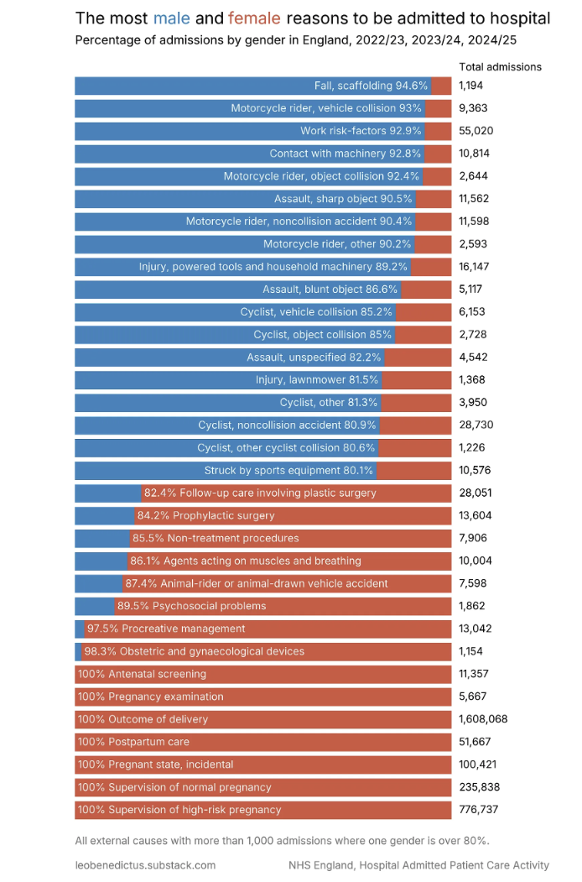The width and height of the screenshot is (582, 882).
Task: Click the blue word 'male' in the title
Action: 172,18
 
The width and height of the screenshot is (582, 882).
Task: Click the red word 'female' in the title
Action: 254,18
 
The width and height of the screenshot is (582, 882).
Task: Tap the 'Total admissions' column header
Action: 500,67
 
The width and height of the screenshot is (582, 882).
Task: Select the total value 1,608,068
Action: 483,719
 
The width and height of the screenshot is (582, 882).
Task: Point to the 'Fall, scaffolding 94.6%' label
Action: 372,86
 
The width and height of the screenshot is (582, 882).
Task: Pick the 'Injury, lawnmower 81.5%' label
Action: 317,380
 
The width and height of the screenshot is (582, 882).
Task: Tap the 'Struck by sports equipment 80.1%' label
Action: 289,471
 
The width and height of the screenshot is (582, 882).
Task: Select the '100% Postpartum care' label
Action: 133,742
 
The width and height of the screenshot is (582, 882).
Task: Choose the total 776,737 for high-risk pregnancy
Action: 480,810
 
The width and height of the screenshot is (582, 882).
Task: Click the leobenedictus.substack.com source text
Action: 145,865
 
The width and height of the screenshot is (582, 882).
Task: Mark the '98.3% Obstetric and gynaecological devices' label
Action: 194,651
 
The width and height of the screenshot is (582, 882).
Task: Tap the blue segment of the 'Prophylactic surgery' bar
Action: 104,515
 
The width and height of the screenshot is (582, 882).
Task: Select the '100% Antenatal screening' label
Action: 142,674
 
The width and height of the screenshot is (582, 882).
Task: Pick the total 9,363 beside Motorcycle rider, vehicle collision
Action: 473,108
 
